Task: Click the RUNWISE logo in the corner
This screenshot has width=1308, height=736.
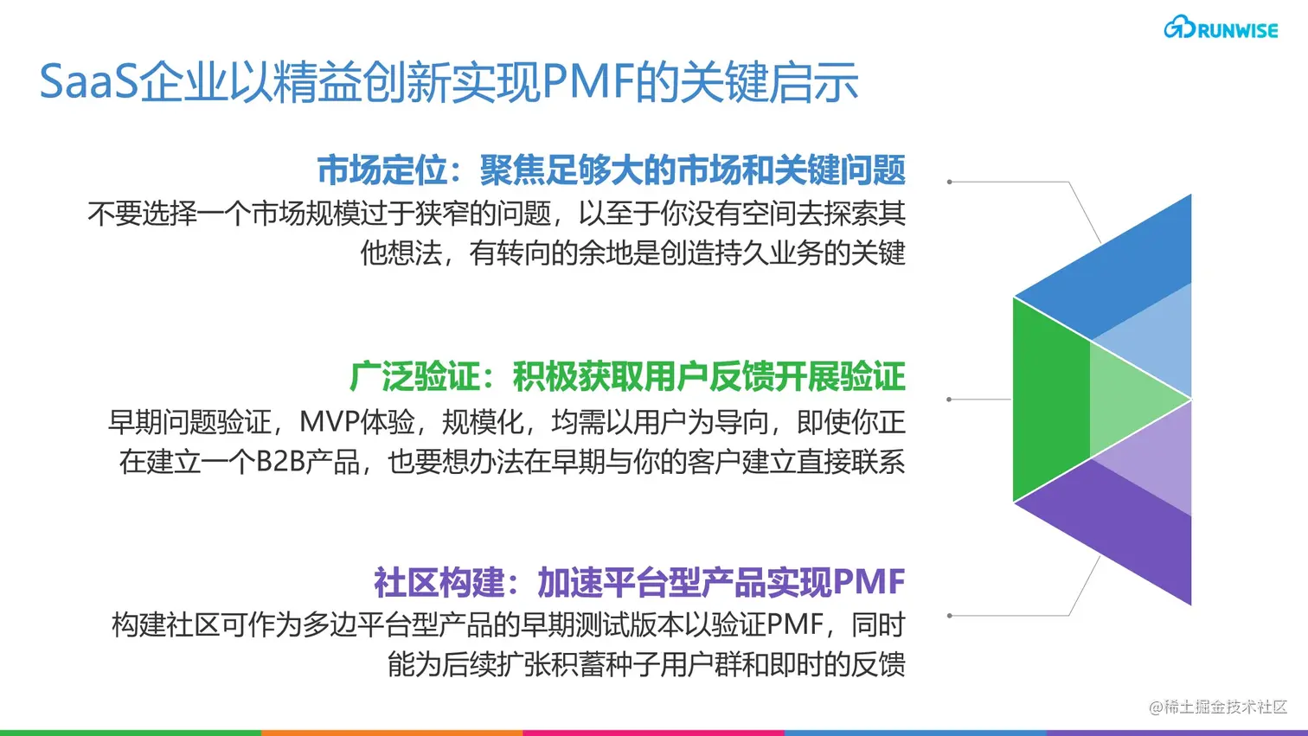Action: point(1221,29)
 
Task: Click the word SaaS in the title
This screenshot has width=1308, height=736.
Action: point(88,83)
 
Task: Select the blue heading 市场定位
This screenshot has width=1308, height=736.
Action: point(381,170)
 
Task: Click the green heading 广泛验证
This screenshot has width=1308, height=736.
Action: point(414,377)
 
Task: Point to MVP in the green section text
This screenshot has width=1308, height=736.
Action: point(329,422)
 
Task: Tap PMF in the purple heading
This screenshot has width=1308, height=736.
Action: point(869,583)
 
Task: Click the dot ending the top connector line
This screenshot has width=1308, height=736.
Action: point(950,182)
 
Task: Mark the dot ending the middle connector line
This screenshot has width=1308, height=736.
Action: point(950,400)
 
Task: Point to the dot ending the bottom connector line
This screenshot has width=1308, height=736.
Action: point(950,616)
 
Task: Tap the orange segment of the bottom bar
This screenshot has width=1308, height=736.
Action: point(392,733)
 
